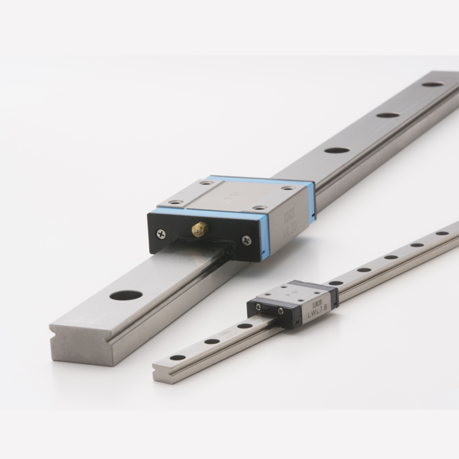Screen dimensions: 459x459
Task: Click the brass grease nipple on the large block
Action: [200, 229]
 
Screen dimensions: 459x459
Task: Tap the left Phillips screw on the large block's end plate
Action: [161, 233]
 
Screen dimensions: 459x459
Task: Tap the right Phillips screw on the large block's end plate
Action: [246, 241]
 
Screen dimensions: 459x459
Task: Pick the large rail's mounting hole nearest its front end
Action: [126, 295]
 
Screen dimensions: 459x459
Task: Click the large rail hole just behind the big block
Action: [337, 150]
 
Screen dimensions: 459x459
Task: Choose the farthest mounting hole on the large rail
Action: [433, 84]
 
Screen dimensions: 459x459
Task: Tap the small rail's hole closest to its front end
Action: [178, 357]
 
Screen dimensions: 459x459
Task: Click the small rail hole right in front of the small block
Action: [245, 326]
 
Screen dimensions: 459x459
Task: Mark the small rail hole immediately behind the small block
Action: [336, 283]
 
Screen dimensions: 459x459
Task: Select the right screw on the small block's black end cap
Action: [281, 312]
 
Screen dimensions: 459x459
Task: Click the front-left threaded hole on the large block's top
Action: [175, 202]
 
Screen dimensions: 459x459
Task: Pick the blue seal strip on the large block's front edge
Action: [204, 213]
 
